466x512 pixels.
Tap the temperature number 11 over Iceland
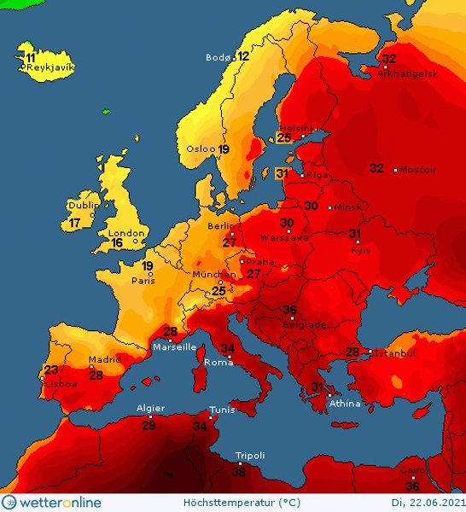pyautogui.click(x=31, y=57)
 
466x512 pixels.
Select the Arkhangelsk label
pyautogui.click(x=407, y=74)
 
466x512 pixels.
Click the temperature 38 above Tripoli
pyautogui.click(x=239, y=471)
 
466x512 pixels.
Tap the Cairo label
pyautogui.click(x=412, y=469)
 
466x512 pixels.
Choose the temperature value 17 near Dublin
pyautogui.click(x=75, y=224)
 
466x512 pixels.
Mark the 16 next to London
pyautogui.click(x=117, y=243)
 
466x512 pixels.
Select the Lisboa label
pyautogui.click(x=61, y=384)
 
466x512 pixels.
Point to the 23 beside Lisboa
pyautogui.click(x=52, y=370)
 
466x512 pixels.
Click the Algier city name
pyautogui.click(x=150, y=409)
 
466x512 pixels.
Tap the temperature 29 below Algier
pyautogui.click(x=149, y=425)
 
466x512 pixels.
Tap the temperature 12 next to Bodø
pyautogui.click(x=243, y=57)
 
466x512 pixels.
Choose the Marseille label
pyautogui.click(x=174, y=347)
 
